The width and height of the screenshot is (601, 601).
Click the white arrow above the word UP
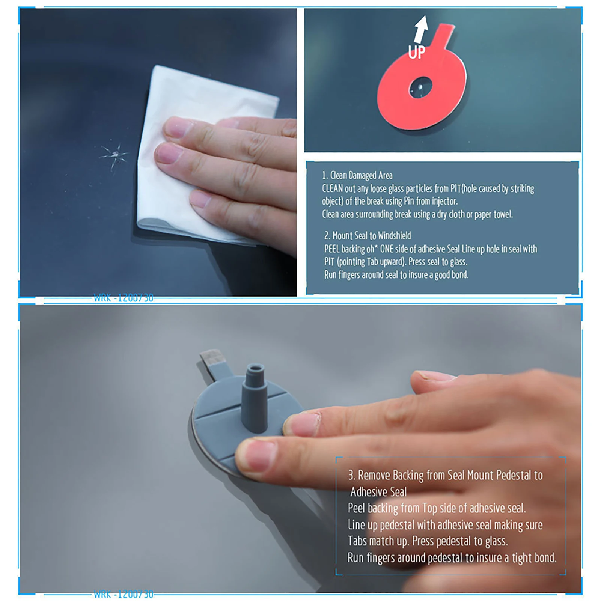pos(421,28)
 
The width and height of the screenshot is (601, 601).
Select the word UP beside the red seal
pos(417,53)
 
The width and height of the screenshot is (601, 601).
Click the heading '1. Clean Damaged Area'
pos(357,175)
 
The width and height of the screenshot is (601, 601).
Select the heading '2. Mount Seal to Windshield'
pos(368,236)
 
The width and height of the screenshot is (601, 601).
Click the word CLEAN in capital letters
pos(332,188)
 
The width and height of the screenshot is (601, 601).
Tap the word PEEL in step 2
pos(332,249)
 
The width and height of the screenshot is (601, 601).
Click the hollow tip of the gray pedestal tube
pos(256,368)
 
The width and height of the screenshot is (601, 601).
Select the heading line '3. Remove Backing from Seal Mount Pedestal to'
pos(445,476)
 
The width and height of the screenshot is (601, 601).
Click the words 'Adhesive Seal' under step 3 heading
pos(378,492)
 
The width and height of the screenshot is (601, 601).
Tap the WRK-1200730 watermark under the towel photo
pos(124,298)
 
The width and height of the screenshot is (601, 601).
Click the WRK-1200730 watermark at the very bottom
pos(124,595)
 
